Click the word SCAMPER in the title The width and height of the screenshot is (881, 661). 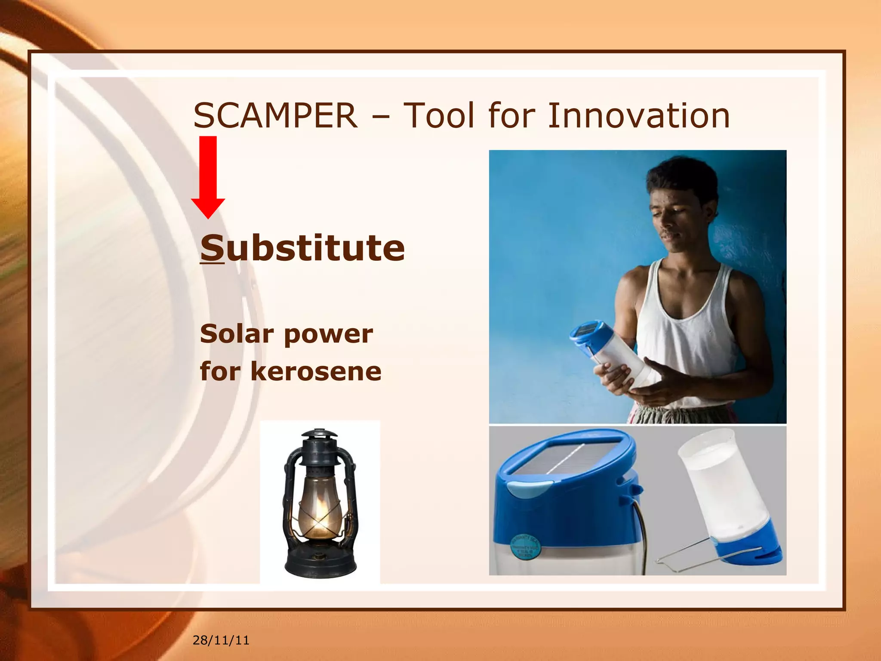pyautogui.click(x=275, y=116)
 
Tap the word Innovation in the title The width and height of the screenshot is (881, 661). pyautogui.click(x=638, y=116)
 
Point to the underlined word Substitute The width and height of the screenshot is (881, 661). pyautogui.click(x=302, y=248)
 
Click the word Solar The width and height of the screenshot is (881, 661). pyautogui.click(x=237, y=334)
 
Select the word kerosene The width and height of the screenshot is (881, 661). pyautogui.click(x=316, y=371)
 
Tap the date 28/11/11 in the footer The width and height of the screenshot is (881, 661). pyautogui.click(x=221, y=640)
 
